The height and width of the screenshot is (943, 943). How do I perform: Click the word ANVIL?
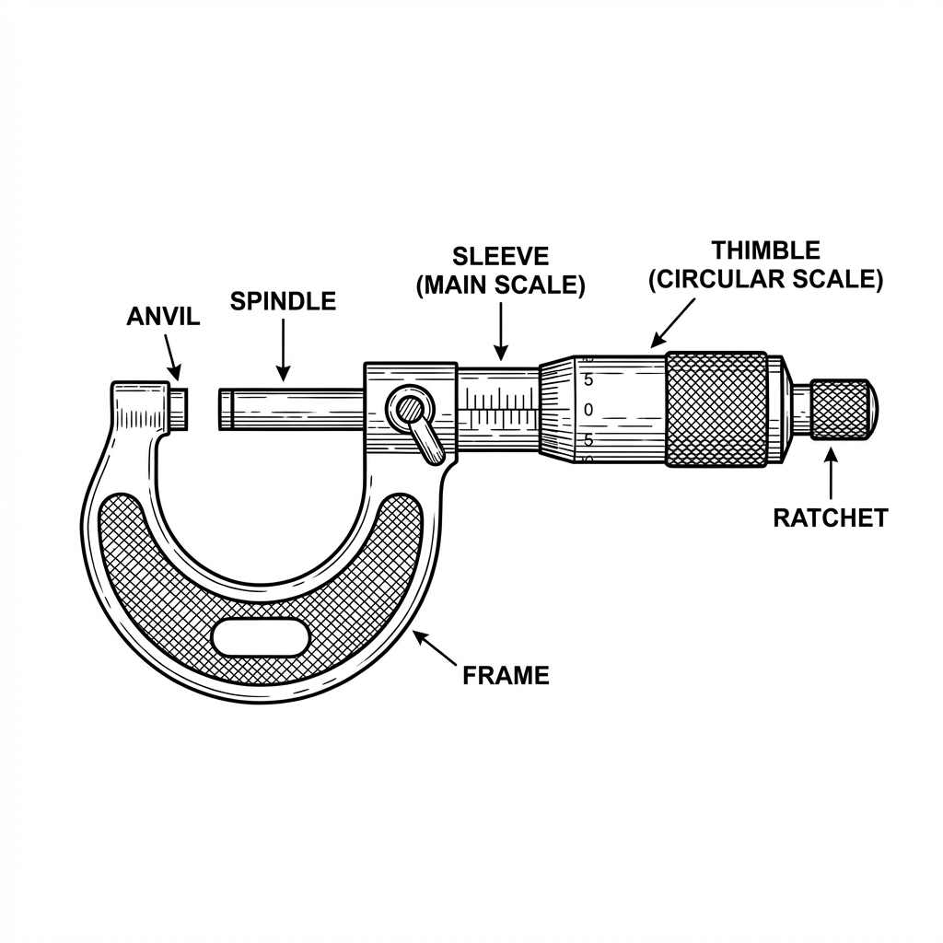[163, 317]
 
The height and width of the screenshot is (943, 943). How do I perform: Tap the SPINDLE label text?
[283, 301]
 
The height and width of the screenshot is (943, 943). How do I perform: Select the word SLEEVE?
[500, 256]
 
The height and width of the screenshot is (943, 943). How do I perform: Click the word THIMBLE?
[765, 250]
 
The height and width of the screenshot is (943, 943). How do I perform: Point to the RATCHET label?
[831, 518]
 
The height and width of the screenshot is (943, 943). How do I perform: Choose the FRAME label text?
[506, 675]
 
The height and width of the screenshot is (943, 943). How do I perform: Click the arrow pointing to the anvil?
[172, 356]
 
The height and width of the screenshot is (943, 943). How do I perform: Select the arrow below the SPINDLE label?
[284, 350]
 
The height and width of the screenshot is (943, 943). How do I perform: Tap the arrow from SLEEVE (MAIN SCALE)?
[501, 332]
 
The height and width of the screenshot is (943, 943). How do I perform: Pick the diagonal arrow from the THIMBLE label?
[673, 323]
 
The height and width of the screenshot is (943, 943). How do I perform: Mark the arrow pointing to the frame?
[434, 648]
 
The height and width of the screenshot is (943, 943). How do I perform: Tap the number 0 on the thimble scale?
[588, 410]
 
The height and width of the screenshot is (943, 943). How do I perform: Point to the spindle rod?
[292, 410]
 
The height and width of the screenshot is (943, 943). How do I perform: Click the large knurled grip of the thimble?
[716, 410]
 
